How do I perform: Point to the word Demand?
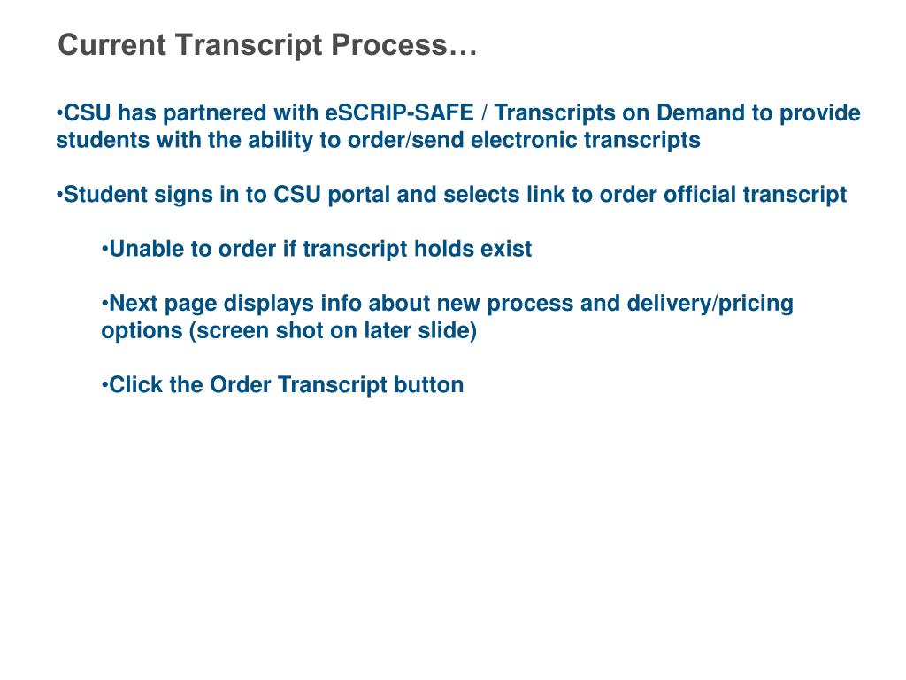click(x=698, y=114)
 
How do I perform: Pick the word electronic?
click(x=525, y=141)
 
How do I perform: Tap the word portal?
click(x=359, y=195)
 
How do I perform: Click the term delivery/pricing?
click(x=710, y=305)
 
